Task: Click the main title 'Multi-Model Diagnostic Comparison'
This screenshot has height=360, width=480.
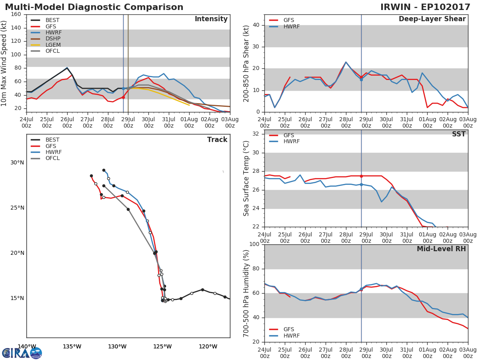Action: [x=94, y=7]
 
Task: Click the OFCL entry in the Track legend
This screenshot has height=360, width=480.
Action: [x=52, y=158]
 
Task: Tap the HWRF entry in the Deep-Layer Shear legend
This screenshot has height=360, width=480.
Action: [x=291, y=26]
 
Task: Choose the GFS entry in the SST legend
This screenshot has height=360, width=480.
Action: [x=289, y=135]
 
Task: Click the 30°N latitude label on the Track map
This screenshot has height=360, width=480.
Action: [x=17, y=162]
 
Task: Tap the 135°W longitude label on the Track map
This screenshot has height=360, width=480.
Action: [x=72, y=346]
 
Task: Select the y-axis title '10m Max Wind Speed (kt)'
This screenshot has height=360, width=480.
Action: [x=4, y=63]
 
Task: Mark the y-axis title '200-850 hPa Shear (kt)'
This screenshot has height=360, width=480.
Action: [x=246, y=63]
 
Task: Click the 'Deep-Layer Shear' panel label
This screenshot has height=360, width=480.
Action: [x=432, y=19]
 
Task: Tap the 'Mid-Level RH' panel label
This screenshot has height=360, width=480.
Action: [x=441, y=249]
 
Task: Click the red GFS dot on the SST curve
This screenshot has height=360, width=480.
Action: [x=361, y=176]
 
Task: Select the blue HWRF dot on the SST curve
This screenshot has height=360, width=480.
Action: [x=361, y=184]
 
